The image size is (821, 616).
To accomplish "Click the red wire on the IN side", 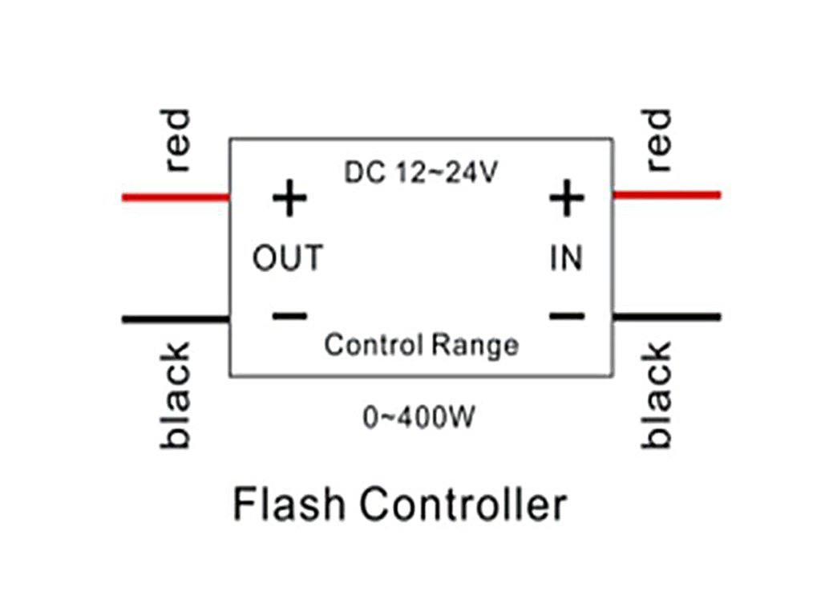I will click(x=666, y=194).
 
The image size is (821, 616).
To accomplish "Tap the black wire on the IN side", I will click(x=666, y=317).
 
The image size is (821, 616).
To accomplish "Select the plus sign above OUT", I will click(x=289, y=199).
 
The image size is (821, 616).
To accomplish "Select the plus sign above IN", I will click(x=567, y=198).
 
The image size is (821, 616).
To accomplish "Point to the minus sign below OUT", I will click(x=289, y=315).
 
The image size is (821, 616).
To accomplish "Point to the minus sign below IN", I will click(x=567, y=315).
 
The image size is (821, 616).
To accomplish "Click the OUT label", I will click(x=288, y=259).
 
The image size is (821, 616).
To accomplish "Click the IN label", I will click(x=566, y=259).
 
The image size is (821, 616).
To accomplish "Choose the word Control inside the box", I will click(x=373, y=345).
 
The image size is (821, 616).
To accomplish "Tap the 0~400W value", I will click(x=414, y=418).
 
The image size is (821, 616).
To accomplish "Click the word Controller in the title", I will click(x=463, y=505).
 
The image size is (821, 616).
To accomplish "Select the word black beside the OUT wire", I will click(x=177, y=395).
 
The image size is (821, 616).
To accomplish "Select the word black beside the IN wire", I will click(x=656, y=395).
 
